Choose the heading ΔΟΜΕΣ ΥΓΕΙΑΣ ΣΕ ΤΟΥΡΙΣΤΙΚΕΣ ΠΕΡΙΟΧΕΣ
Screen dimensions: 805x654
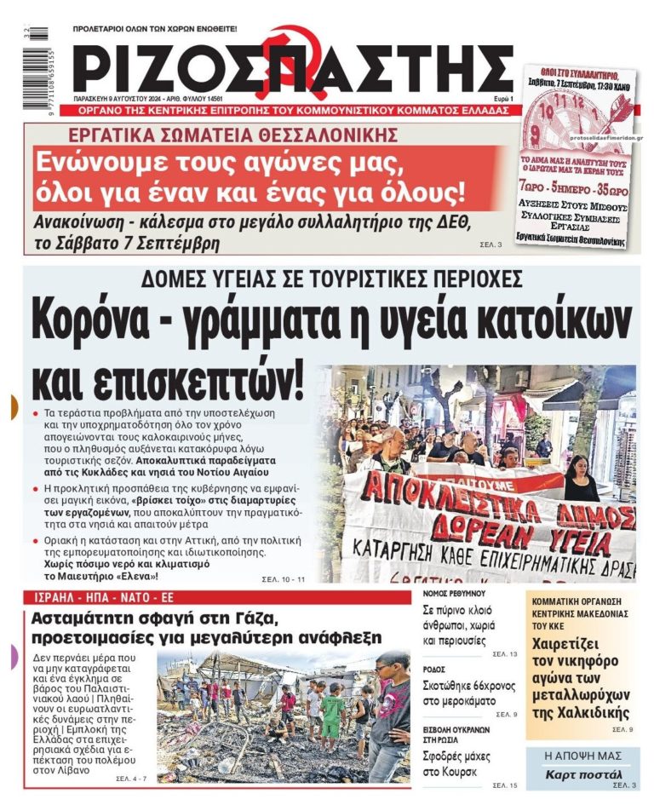click(331, 280)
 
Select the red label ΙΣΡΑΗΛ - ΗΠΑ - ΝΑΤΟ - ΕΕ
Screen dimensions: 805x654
click(95, 598)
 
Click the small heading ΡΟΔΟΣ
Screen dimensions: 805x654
click(434, 669)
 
